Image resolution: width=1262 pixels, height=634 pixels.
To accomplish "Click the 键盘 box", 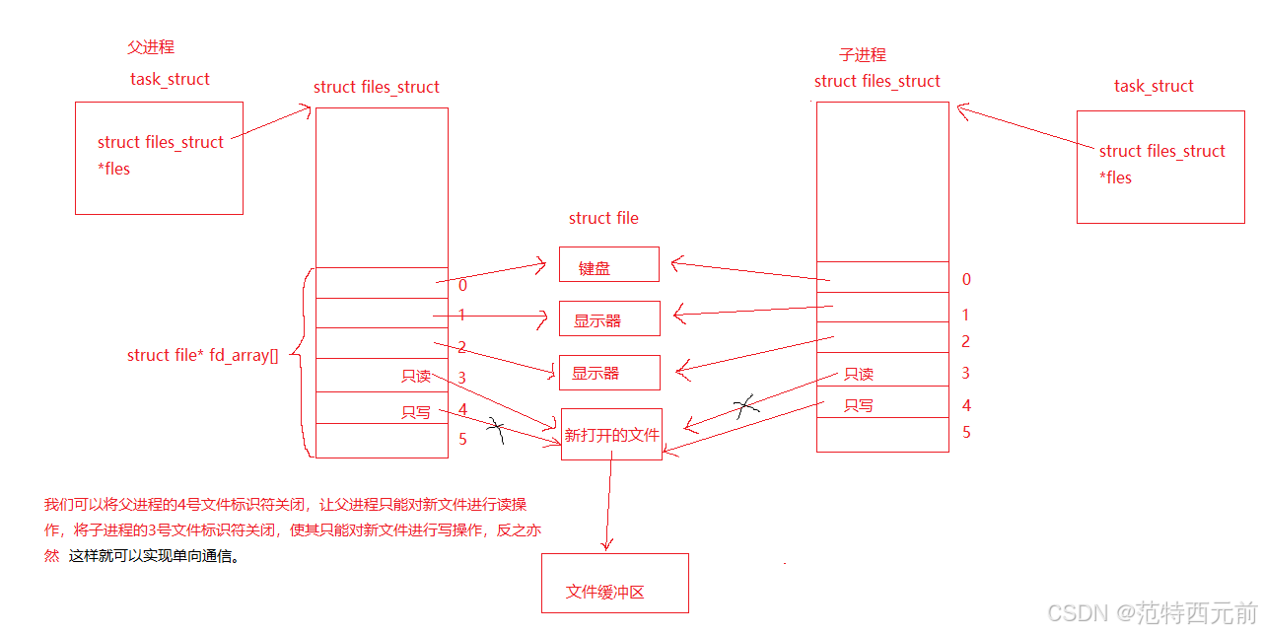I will [608, 264].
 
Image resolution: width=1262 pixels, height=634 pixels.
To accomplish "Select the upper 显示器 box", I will [608, 318].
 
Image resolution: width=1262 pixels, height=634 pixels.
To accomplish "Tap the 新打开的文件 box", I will [610, 434].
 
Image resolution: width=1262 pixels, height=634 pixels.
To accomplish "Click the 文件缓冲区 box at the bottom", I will [614, 583].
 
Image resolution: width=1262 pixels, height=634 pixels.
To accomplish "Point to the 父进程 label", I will [151, 46].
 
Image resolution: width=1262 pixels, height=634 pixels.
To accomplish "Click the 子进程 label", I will [863, 54].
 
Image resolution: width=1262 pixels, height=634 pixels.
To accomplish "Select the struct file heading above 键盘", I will [603, 218].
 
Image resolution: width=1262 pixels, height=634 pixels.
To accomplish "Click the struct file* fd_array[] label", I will [202, 355].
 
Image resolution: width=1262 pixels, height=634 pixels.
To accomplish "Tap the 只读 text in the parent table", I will [415, 376].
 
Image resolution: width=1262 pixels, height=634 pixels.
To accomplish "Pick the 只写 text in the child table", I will [859, 405].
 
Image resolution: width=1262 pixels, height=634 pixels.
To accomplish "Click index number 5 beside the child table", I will [966, 432].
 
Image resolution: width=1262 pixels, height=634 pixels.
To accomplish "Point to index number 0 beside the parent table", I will [462, 285].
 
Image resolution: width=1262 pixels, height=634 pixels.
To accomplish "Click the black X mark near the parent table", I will [496, 430].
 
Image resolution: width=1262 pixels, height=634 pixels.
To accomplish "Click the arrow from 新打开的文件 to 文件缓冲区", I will [609, 503].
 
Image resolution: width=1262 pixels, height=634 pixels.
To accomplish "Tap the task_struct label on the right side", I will [1154, 86].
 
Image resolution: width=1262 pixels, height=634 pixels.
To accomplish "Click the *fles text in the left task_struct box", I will [113, 169].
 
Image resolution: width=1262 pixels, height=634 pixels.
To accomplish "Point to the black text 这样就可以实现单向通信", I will [154, 555].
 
